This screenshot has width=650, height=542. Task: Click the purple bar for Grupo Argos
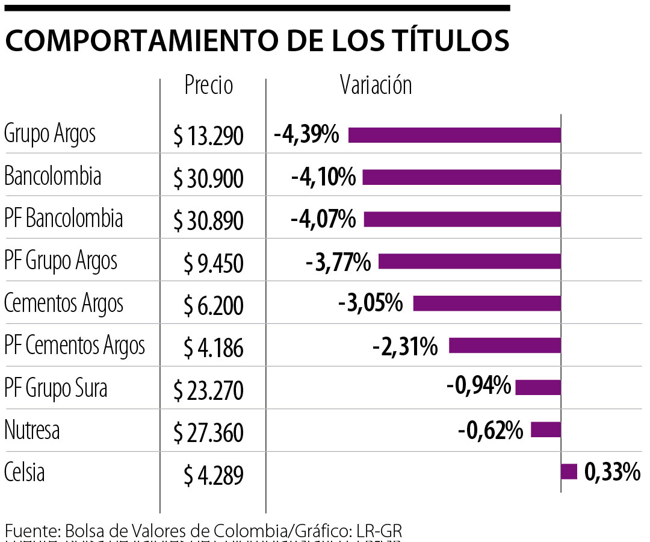click(x=454, y=135)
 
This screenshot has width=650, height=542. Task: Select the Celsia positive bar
click(x=569, y=472)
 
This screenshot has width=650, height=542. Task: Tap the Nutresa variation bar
click(x=546, y=429)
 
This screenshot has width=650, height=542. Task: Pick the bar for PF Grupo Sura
click(x=538, y=387)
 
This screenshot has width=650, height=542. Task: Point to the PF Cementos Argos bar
click(x=504, y=345)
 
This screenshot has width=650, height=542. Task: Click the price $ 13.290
click(x=208, y=137)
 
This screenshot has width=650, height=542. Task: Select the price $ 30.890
click(x=208, y=222)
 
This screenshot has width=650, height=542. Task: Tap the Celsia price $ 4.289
click(x=214, y=476)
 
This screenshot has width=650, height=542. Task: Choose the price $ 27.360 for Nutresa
click(x=208, y=433)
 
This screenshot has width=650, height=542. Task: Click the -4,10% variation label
click(x=323, y=178)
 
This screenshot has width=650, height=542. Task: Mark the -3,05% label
click(x=370, y=304)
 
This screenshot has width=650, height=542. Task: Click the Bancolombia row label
click(x=52, y=176)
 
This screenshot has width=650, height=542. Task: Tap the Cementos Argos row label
click(x=64, y=304)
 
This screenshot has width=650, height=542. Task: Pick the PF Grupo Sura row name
click(x=55, y=388)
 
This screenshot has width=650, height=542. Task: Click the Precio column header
click(x=208, y=85)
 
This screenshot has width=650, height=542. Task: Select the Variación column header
click(x=376, y=85)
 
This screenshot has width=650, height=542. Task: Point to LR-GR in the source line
click(x=379, y=532)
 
